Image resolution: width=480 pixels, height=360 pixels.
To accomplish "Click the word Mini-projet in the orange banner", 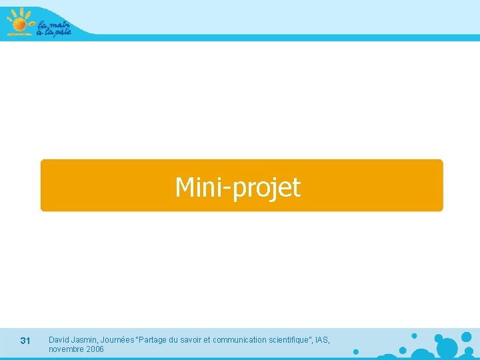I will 237,187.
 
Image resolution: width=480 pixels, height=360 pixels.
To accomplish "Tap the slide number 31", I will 25,341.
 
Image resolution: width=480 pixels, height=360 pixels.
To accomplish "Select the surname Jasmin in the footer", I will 85,340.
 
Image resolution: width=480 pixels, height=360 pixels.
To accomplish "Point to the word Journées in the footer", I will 117,340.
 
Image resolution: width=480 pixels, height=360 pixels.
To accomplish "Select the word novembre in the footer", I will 66,349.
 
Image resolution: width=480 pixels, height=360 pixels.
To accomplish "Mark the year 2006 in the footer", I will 95,349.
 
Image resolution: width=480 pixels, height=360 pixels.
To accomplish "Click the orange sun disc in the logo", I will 19,25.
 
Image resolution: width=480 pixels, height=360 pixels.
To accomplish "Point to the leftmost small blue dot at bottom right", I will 355,351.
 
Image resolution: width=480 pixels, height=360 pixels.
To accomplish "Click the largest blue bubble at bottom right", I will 447,347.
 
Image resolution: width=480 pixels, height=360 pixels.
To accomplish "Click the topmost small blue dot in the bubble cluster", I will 414,335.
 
